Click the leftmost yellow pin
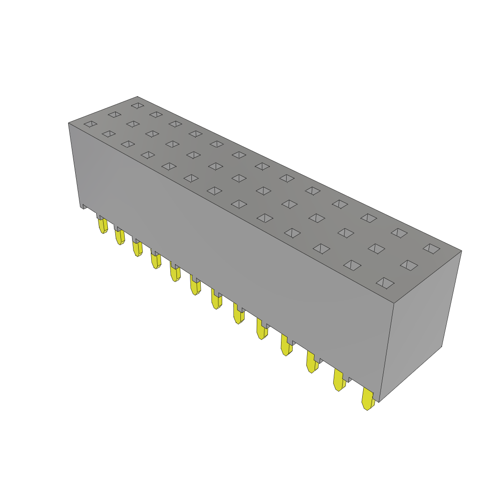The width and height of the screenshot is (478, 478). [x=103, y=226]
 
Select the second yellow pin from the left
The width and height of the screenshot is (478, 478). [x=120, y=237]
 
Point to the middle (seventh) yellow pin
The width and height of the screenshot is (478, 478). [x=217, y=299]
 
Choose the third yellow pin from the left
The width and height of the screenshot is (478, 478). [x=137, y=248]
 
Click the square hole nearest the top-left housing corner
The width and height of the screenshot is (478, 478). [x=91, y=124]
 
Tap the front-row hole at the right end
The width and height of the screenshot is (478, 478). [x=385, y=283]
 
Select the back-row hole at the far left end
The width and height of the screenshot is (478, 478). [x=138, y=105]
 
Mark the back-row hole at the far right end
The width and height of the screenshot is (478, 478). [x=431, y=249]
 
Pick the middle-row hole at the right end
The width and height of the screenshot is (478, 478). [x=409, y=265]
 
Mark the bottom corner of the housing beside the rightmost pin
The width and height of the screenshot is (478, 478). [x=379, y=401]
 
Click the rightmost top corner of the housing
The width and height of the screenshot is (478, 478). [x=461, y=251]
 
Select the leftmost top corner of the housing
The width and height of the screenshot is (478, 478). [x=69, y=123]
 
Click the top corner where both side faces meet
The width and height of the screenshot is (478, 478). [x=394, y=303]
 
